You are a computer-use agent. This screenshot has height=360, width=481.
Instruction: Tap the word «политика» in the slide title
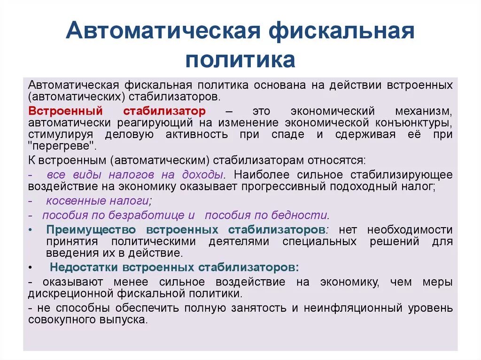tap(240, 60)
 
